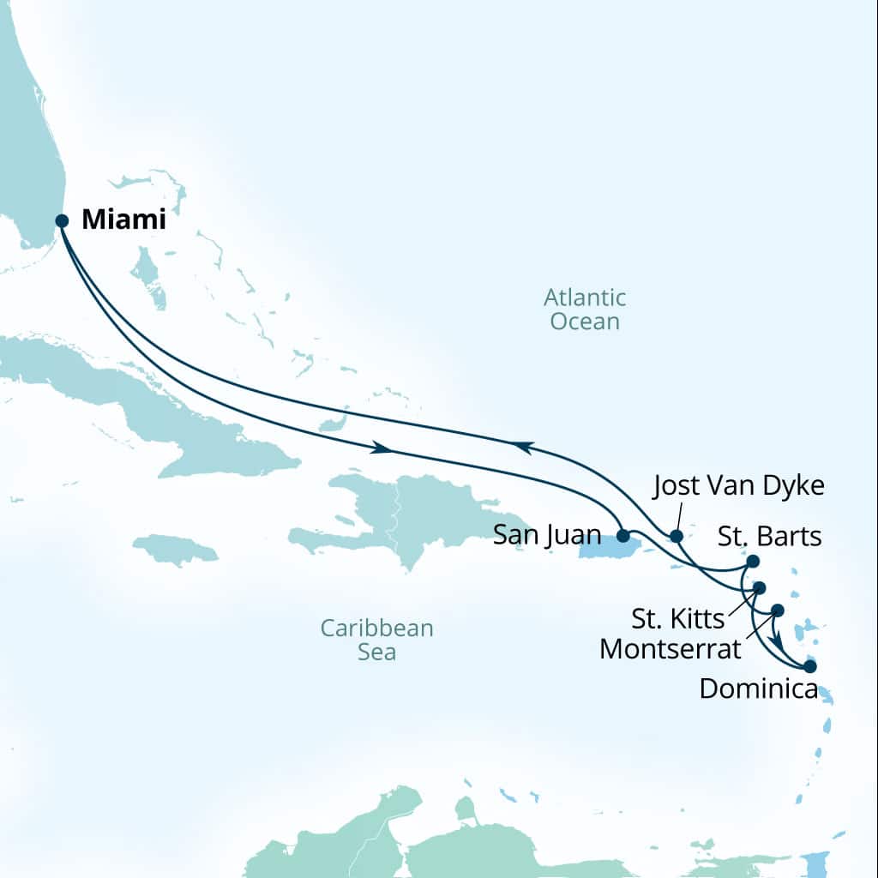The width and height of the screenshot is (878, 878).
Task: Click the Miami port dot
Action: [62, 220]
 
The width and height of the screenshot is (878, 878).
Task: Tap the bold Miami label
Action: [123, 220]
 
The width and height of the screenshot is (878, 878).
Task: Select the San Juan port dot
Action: [623, 535]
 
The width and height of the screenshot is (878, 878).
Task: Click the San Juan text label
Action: [547, 536]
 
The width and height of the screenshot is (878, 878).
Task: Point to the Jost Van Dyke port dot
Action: [676, 537]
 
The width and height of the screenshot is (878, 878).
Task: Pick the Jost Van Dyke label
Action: [738, 486]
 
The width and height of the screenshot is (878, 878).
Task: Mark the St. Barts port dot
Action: [753, 561]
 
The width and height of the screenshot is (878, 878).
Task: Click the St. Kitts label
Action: [678, 618]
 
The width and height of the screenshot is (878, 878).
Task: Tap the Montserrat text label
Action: [670, 648]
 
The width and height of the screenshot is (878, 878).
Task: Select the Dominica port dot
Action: [809, 665]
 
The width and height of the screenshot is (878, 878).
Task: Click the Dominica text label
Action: [758, 688]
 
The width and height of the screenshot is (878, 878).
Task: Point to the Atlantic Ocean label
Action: [585, 310]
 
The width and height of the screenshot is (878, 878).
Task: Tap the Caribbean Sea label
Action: [377, 640]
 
